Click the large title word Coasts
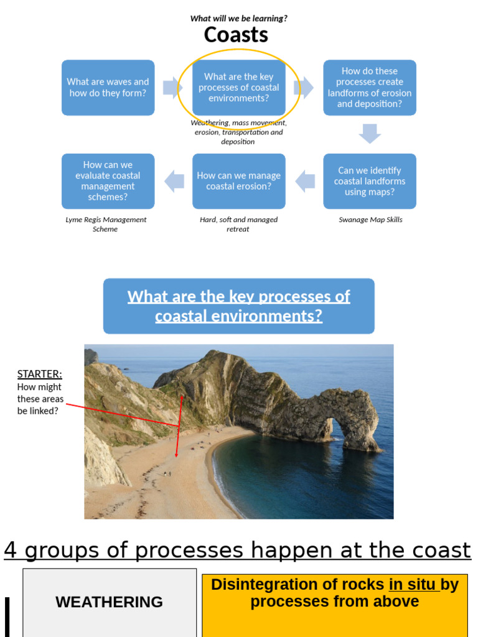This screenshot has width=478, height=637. click(236, 35)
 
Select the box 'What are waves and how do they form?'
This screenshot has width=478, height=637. click(108, 88)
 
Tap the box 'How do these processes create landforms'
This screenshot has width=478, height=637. click(369, 88)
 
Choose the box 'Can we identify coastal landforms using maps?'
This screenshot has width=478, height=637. click(369, 181)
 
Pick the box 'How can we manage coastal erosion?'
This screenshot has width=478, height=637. click(238, 181)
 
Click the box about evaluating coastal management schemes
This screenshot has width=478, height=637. click(108, 181)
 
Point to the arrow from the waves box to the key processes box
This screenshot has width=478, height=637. click(172, 88)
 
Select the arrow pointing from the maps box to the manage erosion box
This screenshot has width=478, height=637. click(305, 181)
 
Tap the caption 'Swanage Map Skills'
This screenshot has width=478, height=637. click(370, 220)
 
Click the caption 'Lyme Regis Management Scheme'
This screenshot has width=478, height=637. click(106, 224)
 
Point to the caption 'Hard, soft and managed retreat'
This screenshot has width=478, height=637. click(238, 224)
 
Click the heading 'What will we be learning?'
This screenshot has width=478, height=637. click(238, 19)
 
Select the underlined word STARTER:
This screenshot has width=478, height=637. click(39, 374)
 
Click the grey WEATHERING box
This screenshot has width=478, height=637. click(109, 602)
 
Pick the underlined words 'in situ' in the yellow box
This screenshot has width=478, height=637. click(414, 585)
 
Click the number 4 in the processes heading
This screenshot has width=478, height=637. click(10, 550)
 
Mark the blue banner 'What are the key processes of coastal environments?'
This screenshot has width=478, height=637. click(238, 306)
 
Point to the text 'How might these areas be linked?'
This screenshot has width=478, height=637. click(40, 399)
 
